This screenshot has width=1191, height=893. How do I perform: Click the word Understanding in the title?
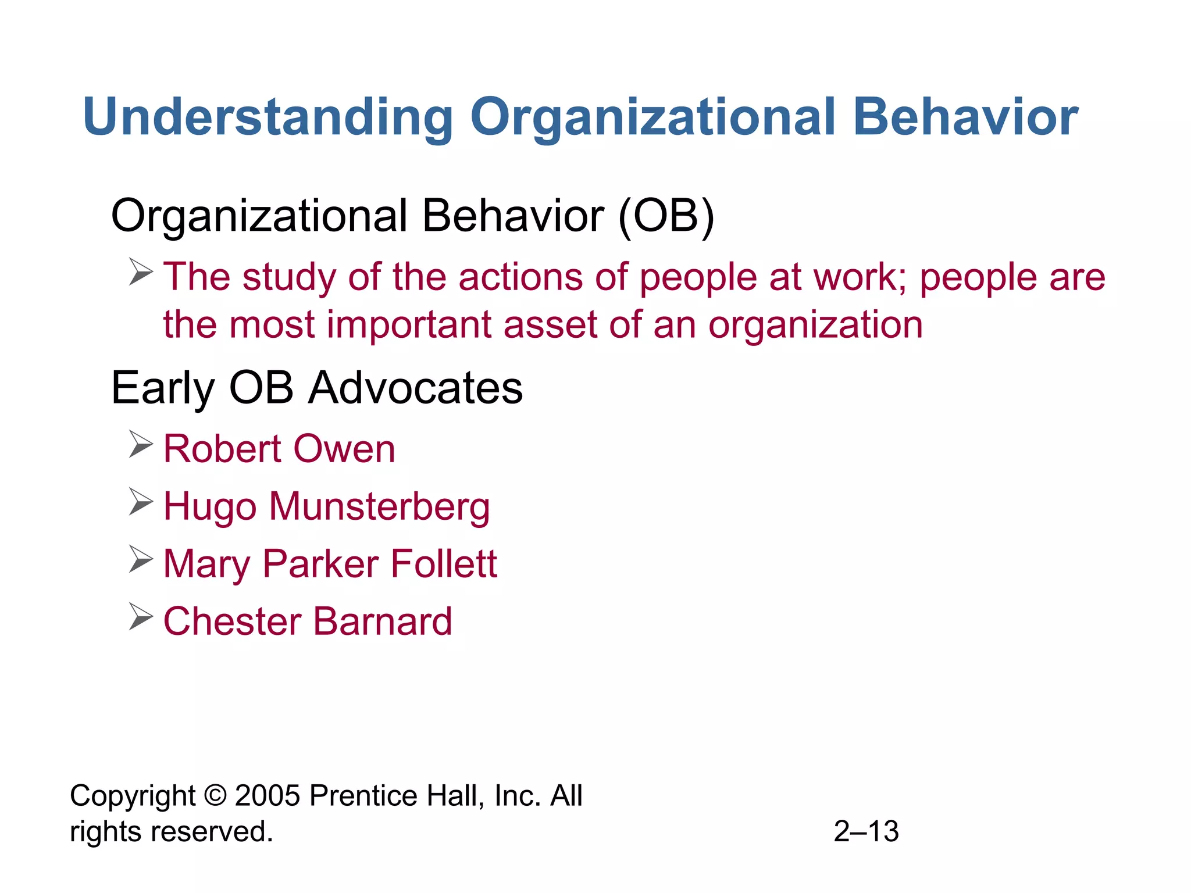pos(268,117)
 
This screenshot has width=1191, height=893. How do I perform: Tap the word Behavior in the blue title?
pos(965,117)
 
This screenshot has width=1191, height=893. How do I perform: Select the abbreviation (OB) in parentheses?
pos(666,216)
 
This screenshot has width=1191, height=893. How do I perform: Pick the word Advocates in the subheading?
pos(415,388)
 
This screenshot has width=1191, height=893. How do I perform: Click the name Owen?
pos(344,449)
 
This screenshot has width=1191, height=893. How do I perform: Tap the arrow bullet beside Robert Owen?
pos(141,445)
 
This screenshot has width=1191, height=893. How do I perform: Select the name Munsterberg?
pos(379,506)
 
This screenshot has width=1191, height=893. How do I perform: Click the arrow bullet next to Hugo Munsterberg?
pos(141,502)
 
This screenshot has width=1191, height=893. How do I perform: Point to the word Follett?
pos(444,563)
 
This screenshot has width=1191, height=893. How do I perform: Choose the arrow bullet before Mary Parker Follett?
pos(141,559)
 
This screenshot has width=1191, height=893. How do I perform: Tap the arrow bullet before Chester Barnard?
pos(141,616)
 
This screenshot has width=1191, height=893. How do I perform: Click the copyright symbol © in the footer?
pos(215,796)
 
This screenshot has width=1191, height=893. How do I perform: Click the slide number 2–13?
pos(866,831)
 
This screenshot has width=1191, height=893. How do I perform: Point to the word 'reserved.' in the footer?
pos(212,831)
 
